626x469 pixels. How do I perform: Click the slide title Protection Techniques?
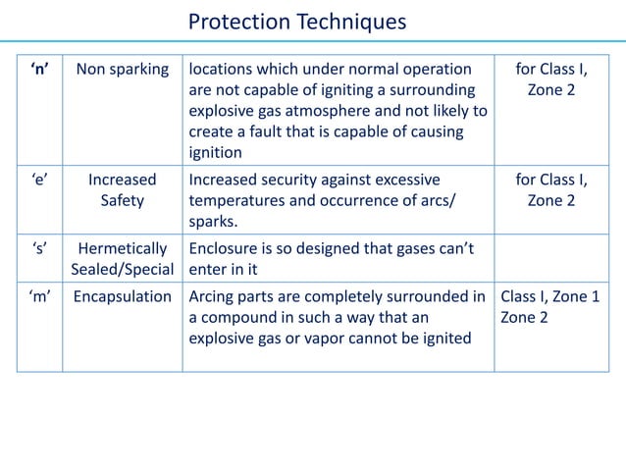click(296, 22)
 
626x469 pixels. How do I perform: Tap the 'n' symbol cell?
click(40, 70)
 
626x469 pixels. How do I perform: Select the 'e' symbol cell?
click(40, 180)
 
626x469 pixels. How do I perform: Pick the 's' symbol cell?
click(40, 248)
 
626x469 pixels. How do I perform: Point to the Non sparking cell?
click(123, 70)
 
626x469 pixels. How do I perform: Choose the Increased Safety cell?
click(123, 190)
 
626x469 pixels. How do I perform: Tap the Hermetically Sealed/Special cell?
click(123, 259)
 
